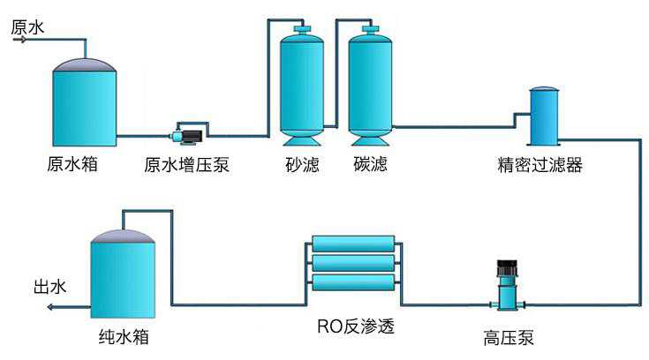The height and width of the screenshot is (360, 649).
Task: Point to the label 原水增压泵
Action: click(x=186, y=165)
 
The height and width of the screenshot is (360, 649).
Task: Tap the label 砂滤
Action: click(x=302, y=165)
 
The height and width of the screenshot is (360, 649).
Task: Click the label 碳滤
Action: click(x=371, y=165)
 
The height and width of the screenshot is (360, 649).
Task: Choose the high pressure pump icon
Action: click(x=507, y=284)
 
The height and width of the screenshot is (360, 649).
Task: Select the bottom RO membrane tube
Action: click(x=354, y=283)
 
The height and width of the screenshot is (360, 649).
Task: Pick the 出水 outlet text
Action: click(x=49, y=287)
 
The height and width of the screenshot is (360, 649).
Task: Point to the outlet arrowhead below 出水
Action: click(x=50, y=306)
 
